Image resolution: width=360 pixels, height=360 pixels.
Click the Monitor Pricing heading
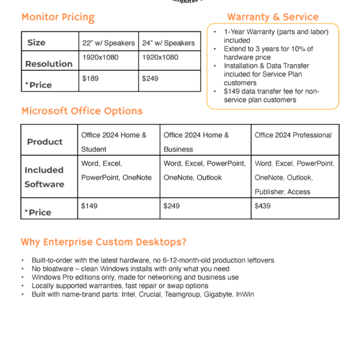58,17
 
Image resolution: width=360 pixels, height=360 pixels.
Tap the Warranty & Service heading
272,17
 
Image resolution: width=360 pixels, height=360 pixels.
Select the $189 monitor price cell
90,79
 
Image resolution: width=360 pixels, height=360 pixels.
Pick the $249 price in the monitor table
149,79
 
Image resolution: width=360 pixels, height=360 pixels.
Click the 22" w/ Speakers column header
109,43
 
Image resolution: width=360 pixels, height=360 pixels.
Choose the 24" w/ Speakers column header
169,43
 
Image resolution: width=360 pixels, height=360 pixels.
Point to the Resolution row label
48,63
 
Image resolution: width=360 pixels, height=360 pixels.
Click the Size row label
36,43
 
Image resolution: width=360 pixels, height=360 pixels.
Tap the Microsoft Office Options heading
82,111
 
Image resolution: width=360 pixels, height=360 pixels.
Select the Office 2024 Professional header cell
293,136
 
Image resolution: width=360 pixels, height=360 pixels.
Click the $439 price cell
263,206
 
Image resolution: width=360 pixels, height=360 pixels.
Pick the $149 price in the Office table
89,206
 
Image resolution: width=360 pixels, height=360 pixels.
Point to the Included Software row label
44,177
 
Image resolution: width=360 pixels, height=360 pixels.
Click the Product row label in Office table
44,142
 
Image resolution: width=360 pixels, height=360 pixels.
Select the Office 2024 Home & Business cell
196,142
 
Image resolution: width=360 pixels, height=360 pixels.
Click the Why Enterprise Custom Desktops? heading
103,242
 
